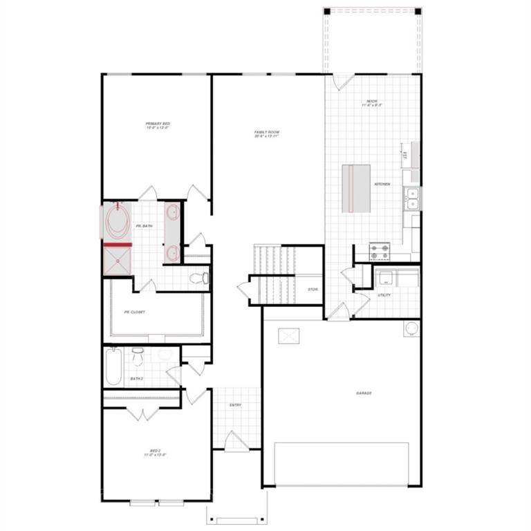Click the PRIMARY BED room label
coord(158,126)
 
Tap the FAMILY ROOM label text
coord(267,134)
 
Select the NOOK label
coord(372,104)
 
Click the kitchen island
coord(357,187)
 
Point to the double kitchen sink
coord(412,198)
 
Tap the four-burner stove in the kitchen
coord(380,251)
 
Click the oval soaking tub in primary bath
coord(117,221)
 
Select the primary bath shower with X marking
coord(117,261)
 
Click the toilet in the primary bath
coord(199,278)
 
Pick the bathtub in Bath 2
coord(113,366)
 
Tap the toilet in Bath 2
coord(137,357)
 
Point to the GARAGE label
coord(364,393)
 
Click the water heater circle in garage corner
coord(411,328)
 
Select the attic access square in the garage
coord(288,336)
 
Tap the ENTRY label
coord(236,405)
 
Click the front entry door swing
coord(235,441)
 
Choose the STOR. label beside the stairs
coord(313,289)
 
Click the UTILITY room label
coord(384,295)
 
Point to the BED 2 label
coord(156,452)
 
